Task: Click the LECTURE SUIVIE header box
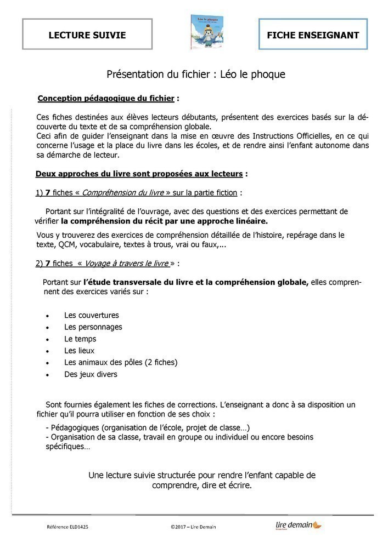click(x=87, y=35)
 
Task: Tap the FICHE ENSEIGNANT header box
click(x=313, y=35)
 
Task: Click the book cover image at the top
click(x=204, y=32)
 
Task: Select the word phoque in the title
click(x=268, y=74)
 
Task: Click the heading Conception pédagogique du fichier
click(x=106, y=99)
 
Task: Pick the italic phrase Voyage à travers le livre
click(x=125, y=264)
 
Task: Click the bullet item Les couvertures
click(x=91, y=316)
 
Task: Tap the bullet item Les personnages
click(x=93, y=327)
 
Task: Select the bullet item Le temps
click(x=80, y=339)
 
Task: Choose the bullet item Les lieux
click(x=79, y=351)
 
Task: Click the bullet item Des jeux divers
click(x=91, y=375)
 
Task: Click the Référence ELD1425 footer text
click(x=68, y=527)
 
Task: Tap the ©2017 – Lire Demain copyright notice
click(x=193, y=527)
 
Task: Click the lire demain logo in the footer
click(x=299, y=526)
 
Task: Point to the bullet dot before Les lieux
click(x=48, y=351)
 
